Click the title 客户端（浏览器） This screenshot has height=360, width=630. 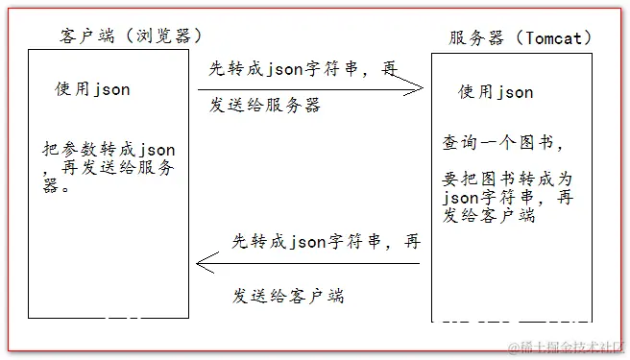131,36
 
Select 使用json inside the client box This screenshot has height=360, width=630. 92,89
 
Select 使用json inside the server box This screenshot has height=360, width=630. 496,92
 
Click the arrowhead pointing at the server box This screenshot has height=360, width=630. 417,89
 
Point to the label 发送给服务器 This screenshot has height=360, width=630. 265,105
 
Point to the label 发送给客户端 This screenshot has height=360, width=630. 288,296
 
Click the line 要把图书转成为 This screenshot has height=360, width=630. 508,180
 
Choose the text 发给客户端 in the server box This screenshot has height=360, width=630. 490,216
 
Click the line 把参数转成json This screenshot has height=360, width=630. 109,150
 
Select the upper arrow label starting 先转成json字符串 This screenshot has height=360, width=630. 303,67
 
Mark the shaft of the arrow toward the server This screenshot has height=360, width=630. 307,89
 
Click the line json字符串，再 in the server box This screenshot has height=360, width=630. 508,198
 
